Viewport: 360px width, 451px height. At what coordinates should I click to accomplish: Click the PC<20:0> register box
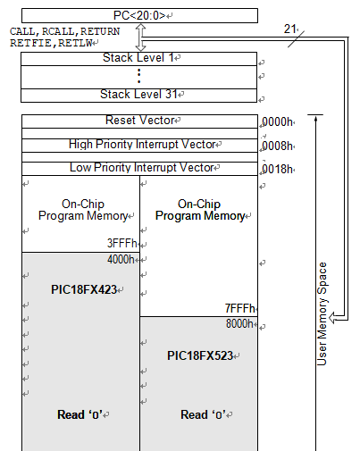[139, 15]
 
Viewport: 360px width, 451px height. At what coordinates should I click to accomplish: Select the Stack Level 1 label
[138, 57]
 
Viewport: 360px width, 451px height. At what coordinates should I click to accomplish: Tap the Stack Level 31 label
[138, 94]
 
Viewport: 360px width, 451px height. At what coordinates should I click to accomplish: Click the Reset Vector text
[140, 121]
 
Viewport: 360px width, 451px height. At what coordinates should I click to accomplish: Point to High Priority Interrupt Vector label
[142, 145]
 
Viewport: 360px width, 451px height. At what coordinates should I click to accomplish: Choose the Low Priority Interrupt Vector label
[142, 168]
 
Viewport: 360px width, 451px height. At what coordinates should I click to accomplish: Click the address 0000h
[277, 122]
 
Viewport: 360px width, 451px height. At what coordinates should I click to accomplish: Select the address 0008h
[277, 146]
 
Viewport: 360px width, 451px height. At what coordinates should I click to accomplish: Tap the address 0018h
[277, 169]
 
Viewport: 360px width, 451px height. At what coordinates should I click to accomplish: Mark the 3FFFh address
[121, 243]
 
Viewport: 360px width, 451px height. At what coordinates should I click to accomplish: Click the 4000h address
[121, 259]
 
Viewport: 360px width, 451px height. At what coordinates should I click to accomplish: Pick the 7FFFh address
[240, 308]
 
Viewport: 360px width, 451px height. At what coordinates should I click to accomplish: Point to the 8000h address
[239, 323]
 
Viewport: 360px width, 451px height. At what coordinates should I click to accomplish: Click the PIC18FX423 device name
[84, 289]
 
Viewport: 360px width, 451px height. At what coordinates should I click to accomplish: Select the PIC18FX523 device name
[200, 355]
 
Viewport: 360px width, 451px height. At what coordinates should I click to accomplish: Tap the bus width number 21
[289, 29]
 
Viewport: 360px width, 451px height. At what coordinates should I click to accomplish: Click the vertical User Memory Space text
[322, 313]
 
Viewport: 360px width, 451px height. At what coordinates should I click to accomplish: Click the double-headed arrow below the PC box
[141, 38]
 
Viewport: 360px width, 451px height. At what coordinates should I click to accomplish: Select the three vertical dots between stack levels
[139, 76]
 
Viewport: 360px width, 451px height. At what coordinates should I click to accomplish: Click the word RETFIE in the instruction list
[30, 43]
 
